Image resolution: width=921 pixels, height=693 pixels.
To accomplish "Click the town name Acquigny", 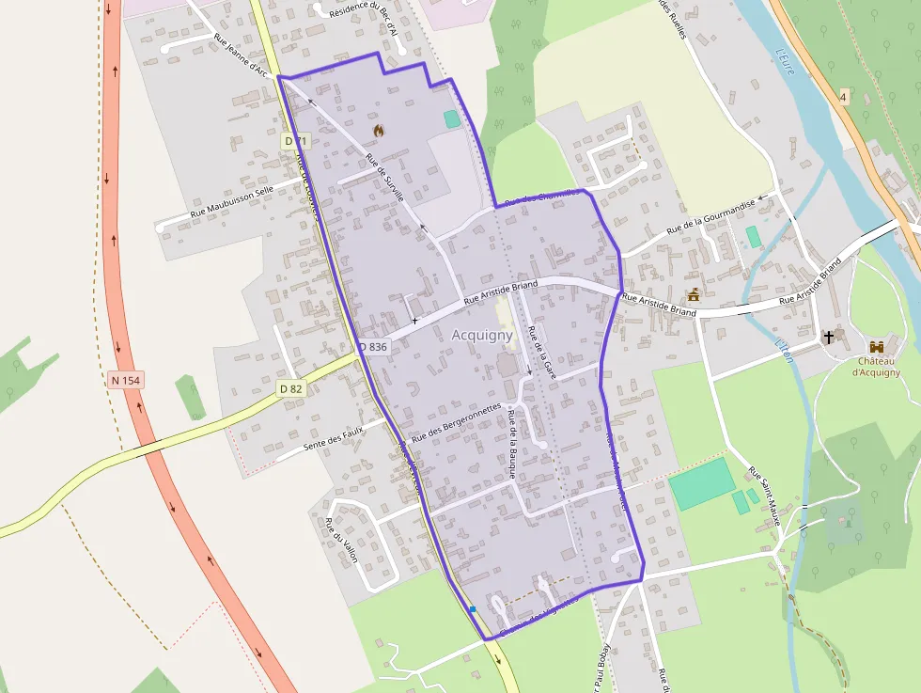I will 482,335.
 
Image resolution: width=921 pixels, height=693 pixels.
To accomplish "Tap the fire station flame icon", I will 377,130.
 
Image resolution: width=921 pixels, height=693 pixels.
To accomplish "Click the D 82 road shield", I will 291,388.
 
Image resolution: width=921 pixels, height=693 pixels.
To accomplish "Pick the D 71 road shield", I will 295,141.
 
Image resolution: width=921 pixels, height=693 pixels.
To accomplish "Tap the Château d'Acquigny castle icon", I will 877,348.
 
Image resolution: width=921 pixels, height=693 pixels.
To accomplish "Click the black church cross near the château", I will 829,337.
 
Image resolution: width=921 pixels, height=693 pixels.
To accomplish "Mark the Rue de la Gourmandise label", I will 711,220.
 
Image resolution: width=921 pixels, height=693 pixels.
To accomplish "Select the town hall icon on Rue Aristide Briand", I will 694,294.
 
